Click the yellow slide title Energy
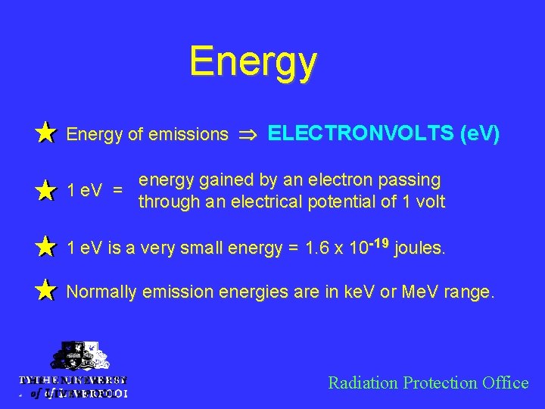click(253, 61)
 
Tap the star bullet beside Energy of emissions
click(46, 133)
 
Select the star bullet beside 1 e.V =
click(46, 191)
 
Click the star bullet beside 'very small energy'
click(46, 247)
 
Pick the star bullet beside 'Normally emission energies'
click(46, 290)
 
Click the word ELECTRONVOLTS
click(360, 133)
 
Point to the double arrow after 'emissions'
click(248, 135)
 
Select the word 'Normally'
click(98, 291)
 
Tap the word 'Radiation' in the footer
click(362, 382)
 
